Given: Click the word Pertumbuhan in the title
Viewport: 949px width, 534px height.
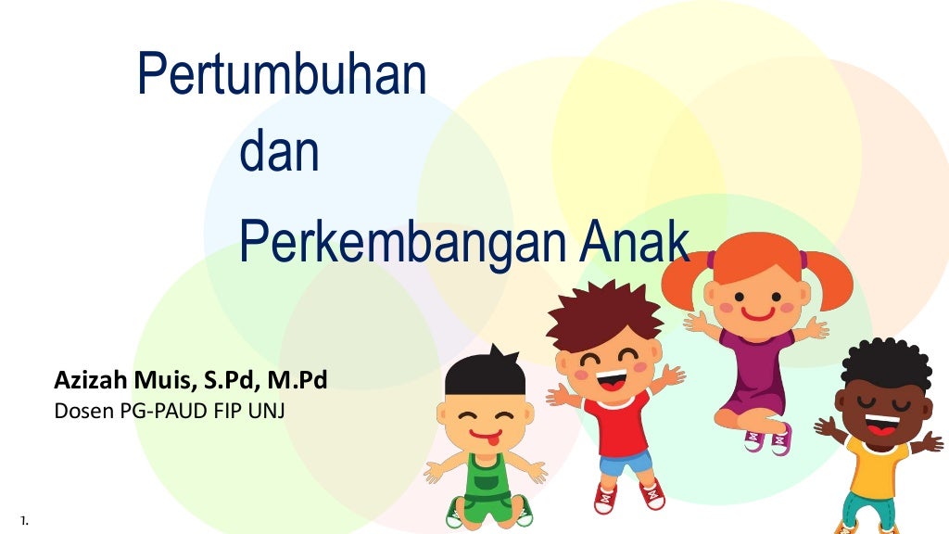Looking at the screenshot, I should [282, 76].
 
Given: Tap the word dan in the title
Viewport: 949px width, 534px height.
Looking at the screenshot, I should [279, 155].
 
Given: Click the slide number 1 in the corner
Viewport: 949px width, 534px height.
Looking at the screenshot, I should [23, 521].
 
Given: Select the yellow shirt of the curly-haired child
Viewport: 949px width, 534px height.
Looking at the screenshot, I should [875, 468].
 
